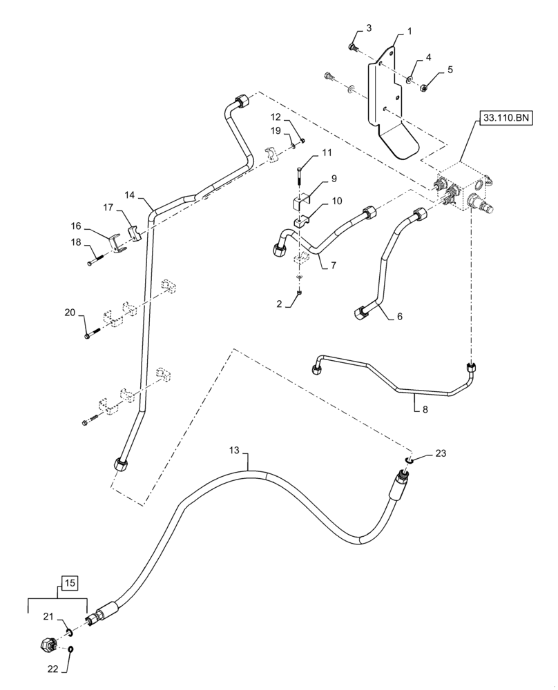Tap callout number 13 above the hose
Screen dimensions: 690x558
point(234,450)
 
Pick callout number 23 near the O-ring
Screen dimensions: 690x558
point(440,453)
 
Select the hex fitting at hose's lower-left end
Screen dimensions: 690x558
point(48,646)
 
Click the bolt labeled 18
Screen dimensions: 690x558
point(95,261)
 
